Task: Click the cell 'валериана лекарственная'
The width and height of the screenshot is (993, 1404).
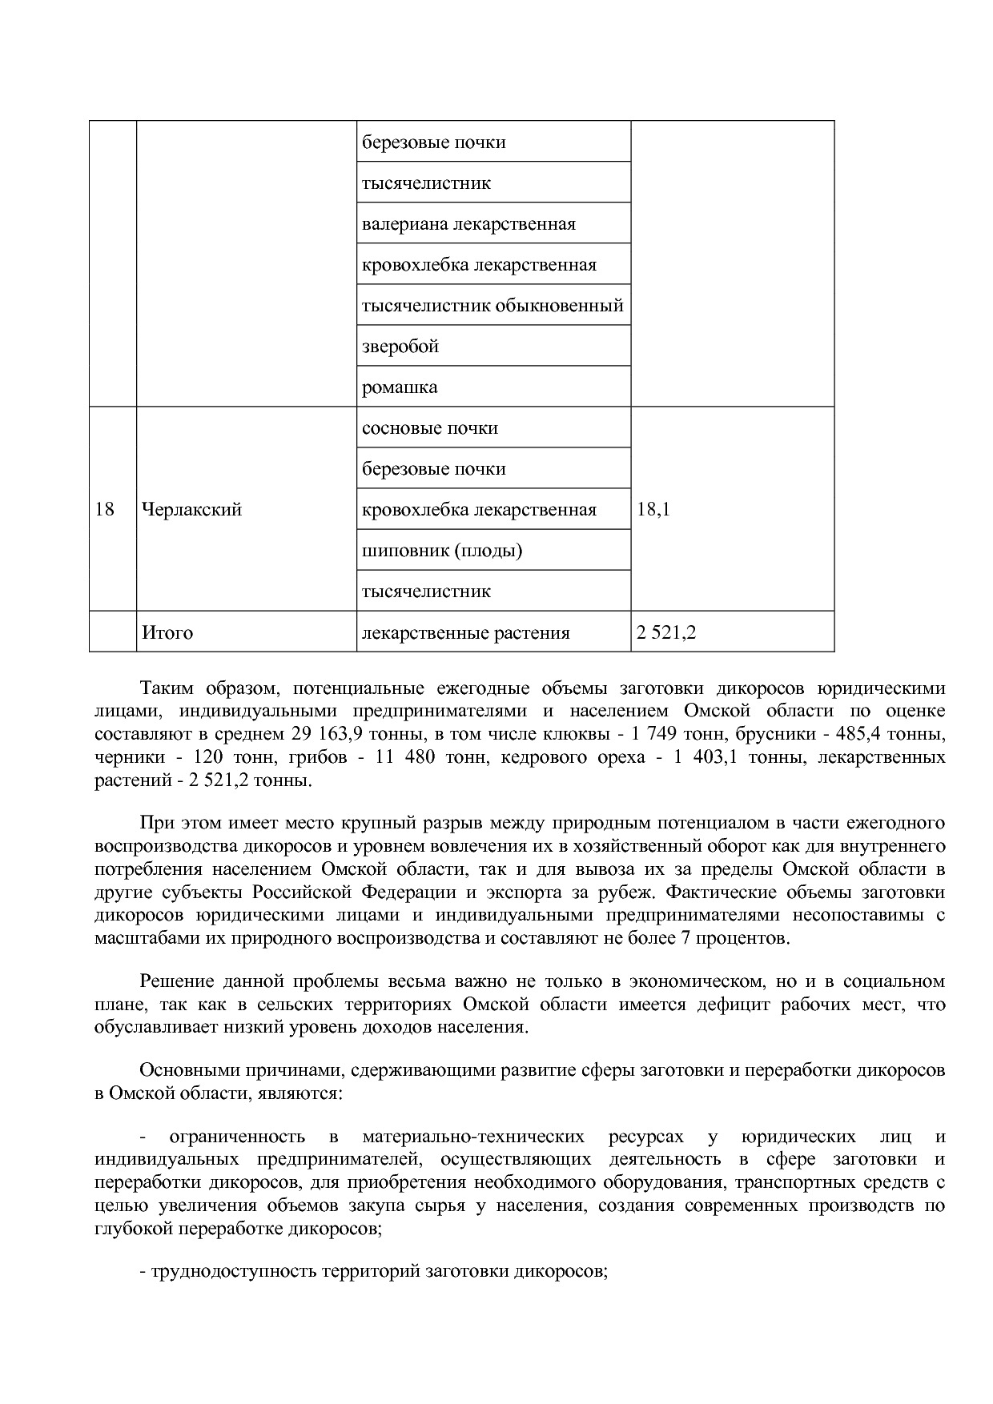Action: [468, 224]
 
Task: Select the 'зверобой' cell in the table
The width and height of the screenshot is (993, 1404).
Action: [400, 347]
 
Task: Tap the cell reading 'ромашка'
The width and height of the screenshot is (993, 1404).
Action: [400, 387]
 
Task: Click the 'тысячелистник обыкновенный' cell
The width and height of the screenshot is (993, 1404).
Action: [492, 306]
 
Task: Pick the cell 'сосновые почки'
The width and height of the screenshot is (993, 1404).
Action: [430, 428]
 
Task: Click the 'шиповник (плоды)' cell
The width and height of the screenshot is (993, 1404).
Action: [442, 551]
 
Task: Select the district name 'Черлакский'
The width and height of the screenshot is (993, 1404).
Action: [191, 510]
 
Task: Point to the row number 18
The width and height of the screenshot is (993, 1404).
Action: [105, 510]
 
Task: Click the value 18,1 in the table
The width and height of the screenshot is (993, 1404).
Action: [653, 510]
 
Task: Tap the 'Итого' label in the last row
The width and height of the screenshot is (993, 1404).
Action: [167, 633]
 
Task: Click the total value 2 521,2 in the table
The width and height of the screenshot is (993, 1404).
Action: [666, 633]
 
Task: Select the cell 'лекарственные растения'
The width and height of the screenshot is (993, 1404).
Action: [465, 633]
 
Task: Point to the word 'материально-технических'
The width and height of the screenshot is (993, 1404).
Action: [472, 1137]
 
